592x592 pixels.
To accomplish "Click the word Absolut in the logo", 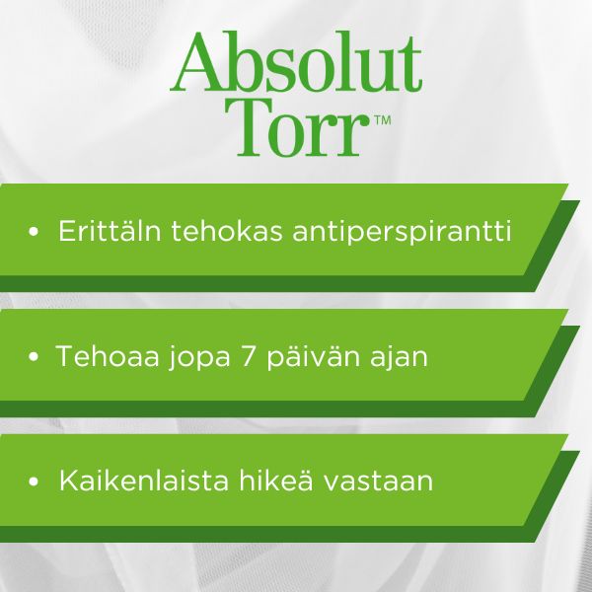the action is click(296, 62).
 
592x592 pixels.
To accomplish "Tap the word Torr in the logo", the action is click(297, 126).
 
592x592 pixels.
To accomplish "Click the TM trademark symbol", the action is click(383, 120).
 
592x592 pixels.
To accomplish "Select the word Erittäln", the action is click(110, 230).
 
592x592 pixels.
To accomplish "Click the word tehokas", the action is click(227, 230).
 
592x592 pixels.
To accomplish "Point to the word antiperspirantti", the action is click(403, 232).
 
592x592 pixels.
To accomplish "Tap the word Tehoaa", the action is click(108, 356).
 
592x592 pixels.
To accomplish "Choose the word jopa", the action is click(199, 358).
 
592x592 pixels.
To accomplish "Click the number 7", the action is click(248, 356).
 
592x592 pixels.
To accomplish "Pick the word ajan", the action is click(399, 358).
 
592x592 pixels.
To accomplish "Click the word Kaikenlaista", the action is click(144, 481).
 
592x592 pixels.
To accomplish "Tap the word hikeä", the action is click(275, 481).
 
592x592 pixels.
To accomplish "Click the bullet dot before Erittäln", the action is click(34, 231).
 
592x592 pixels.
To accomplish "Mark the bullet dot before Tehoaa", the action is click(34, 356).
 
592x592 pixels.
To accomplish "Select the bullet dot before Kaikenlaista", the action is click(34, 481).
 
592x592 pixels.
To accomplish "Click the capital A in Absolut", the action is click(199, 62).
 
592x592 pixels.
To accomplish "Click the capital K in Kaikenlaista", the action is click(69, 481).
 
